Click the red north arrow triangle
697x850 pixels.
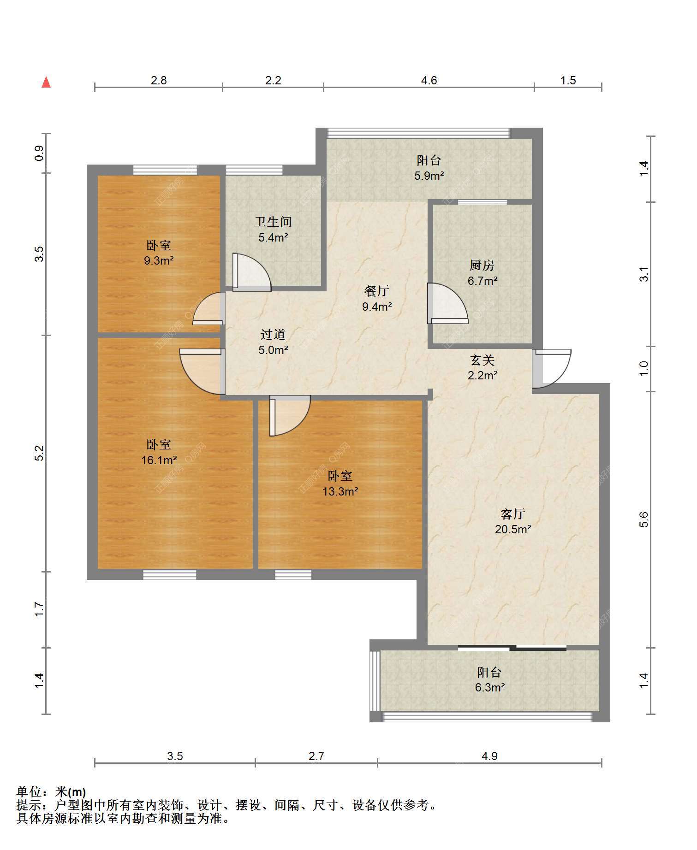[46, 83]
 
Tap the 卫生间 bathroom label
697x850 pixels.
[273, 222]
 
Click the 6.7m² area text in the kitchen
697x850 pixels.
[483, 281]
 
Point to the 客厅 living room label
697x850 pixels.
[513, 514]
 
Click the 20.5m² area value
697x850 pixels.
[513, 529]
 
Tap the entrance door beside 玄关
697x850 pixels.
[552, 369]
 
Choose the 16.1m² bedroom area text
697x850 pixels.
[159, 460]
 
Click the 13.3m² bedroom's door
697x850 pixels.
[290, 416]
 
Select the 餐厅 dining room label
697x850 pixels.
[377, 291]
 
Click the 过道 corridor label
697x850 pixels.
[273, 334]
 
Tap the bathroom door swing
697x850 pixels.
[251, 272]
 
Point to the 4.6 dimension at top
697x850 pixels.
[429, 80]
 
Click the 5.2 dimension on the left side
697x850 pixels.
[40, 454]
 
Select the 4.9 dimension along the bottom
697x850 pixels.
[489, 756]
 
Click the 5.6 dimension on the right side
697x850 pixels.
[644, 519]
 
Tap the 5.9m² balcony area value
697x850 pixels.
[429, 176]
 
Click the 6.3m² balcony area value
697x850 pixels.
[490, 688]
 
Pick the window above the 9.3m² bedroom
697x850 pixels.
[165, 170]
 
